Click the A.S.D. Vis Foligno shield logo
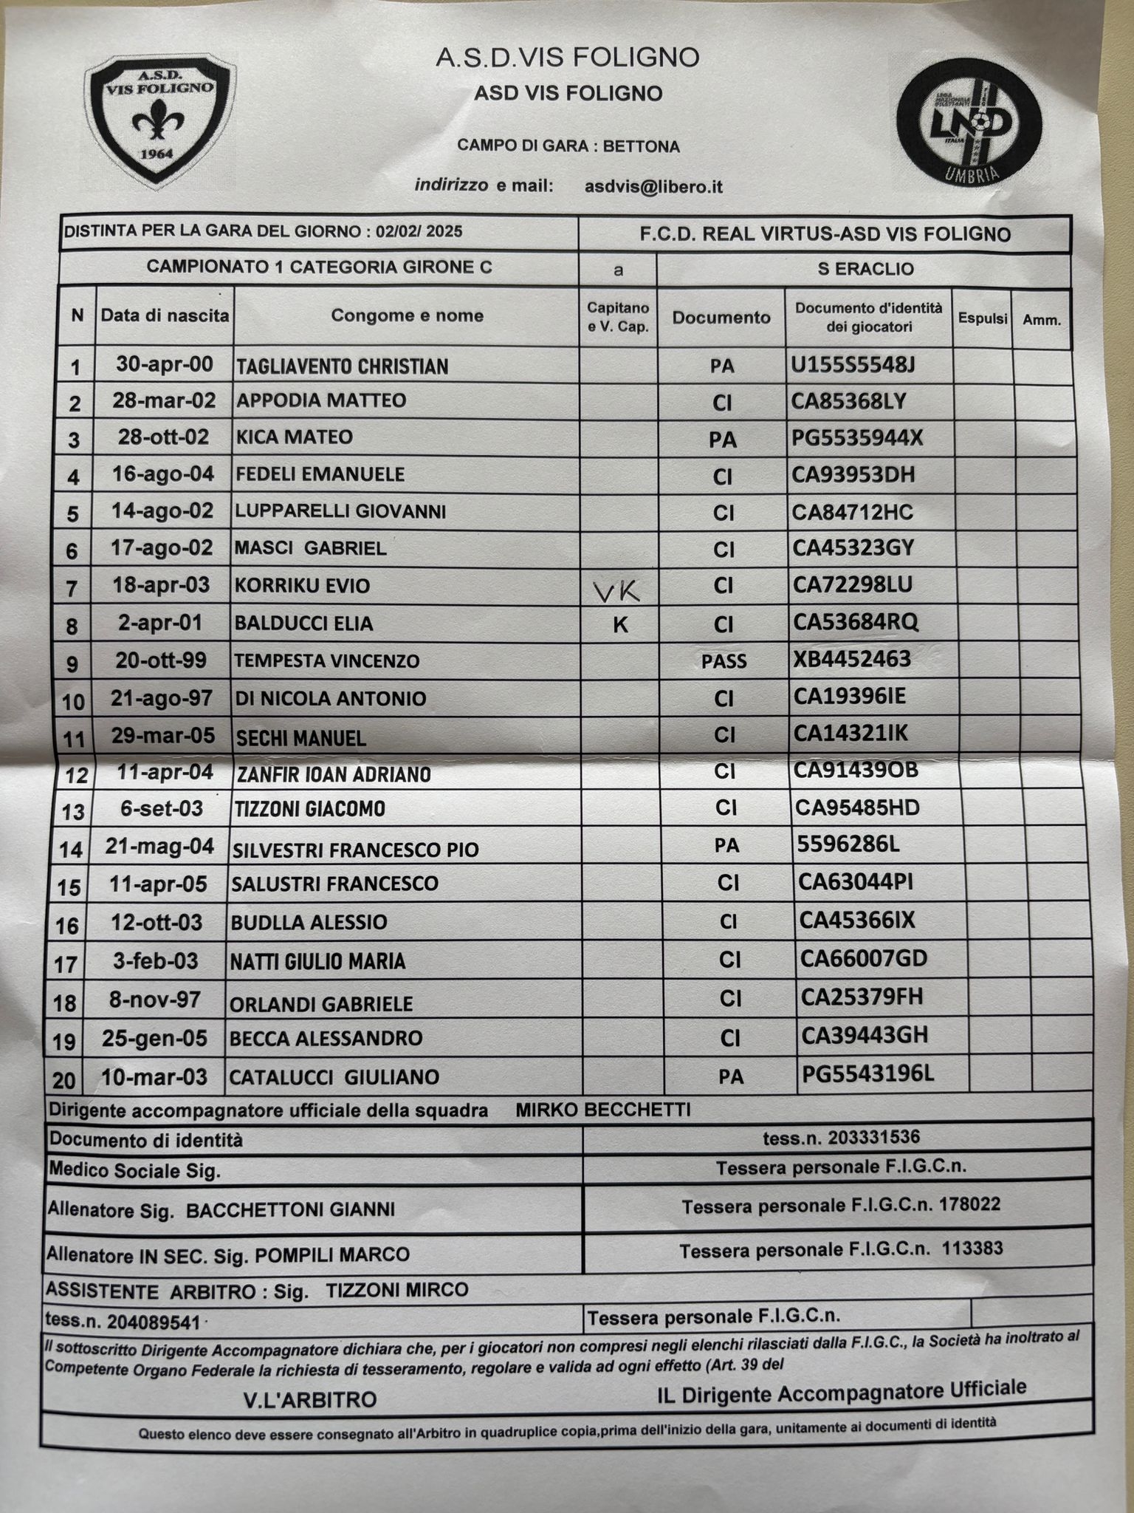pos(160,122)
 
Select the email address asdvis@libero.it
pos(653,187)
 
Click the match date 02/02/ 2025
pos(419,231)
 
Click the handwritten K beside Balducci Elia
pos(621,625)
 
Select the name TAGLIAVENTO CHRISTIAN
pos(342,366)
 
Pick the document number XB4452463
pos(852,659)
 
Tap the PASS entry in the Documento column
pos(724,661)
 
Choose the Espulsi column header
pos(983,318)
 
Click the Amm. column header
pos(1042,320)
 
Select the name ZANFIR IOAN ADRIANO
pos(334,774)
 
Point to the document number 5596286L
pos(848,844)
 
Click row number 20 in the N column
pos(64,1080)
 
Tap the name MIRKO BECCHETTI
pos(603,1110)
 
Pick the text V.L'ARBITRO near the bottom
pos(310,1399)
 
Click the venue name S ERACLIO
pos(865,269)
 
